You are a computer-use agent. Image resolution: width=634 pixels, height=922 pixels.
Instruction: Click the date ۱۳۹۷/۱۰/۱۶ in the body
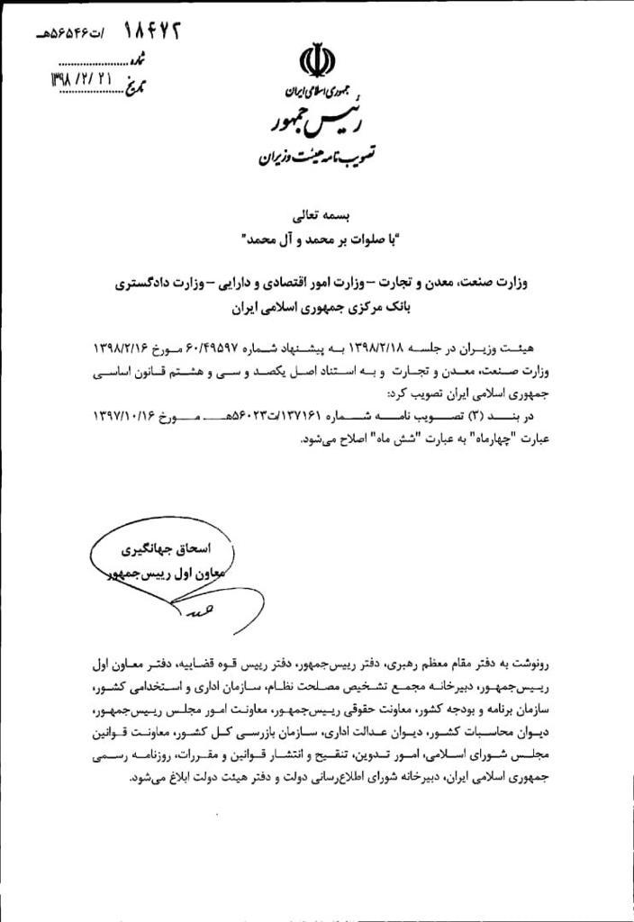tap(131, 417)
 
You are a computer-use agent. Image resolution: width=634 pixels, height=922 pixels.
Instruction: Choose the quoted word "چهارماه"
tap(477, 439)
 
